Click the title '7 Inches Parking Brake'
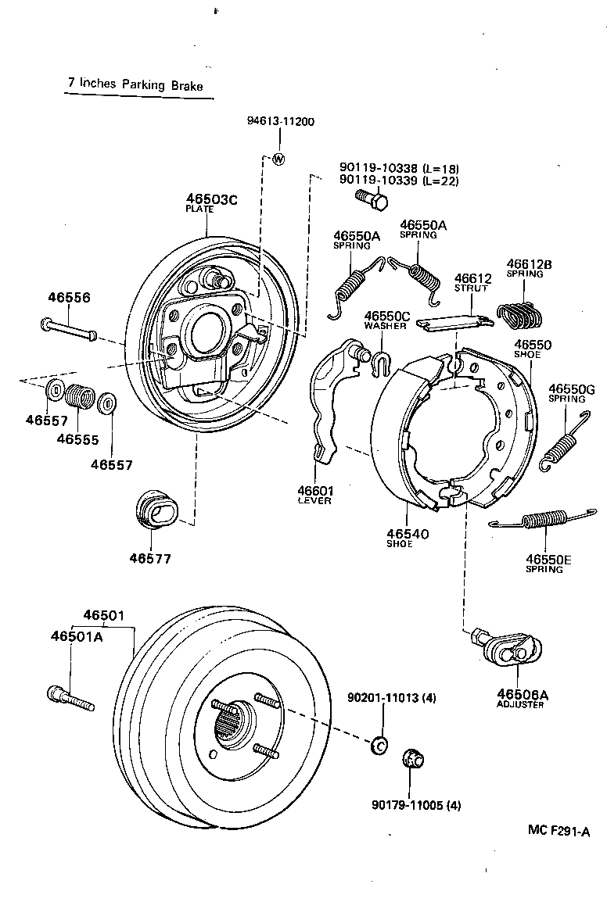click(x=135, y=85)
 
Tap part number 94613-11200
click(x=281, y=122)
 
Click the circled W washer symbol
click(x=278, y=159)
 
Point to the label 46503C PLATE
click(x=211, y=202)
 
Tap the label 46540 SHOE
click(x=408, y=538)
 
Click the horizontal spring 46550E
click(x=542, y=519)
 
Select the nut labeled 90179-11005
click(x=411, y=757)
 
